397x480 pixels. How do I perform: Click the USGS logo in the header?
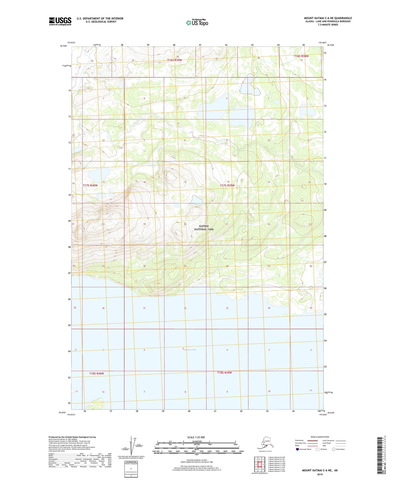(x=60, y=21)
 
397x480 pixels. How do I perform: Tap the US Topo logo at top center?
(x=197, y=23)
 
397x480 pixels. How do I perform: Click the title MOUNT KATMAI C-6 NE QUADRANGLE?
(x=328, y=18)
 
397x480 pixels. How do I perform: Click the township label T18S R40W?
(x=97, y=373)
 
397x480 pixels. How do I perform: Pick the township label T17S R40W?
(x=90, y=185)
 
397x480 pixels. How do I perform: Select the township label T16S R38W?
(x=301, y=56)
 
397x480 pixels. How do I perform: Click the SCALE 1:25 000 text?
(x=196, y=437)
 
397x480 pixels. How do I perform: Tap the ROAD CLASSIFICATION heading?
(x=320, y=437)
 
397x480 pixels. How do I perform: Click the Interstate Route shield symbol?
(x=297, y=449)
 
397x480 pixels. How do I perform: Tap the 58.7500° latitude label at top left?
(x=63, y=46)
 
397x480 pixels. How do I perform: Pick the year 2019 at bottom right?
(x=320, y=474)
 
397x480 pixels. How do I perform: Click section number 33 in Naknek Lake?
(x=227, y=308)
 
